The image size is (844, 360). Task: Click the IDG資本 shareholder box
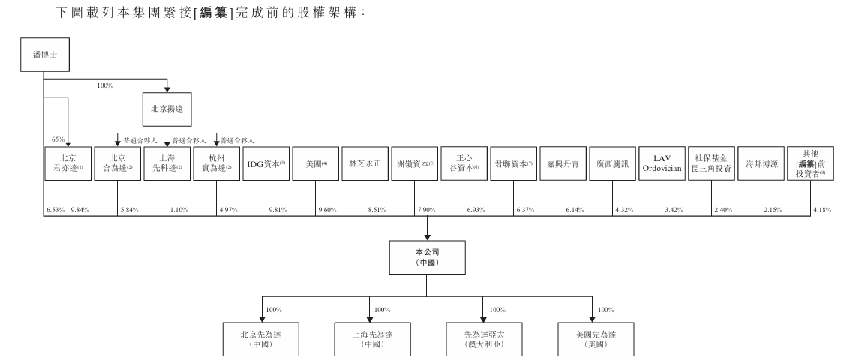coord(266,163)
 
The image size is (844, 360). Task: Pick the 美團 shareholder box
coord(317,163)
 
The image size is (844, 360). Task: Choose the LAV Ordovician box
coord(662,163)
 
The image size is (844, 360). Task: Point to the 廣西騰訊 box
coord(613,163)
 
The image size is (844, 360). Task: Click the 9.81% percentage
coord(278,208)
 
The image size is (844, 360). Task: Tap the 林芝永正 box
coord(365,163)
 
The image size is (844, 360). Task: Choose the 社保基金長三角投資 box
coord(711,163)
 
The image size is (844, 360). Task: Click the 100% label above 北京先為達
coord(273,309)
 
